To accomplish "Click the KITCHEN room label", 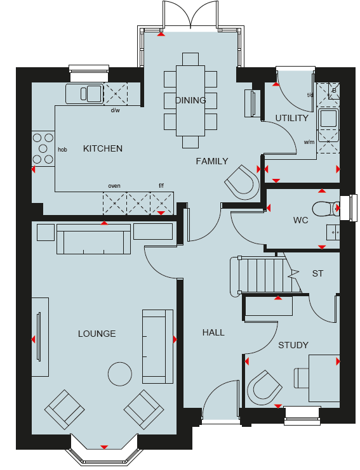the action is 103,148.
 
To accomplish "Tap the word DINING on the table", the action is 190,100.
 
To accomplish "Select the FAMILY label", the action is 212,161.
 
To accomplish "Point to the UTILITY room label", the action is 292,118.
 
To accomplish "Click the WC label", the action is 300,220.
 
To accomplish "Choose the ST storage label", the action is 317,273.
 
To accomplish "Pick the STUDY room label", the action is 293,345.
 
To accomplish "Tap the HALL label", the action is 213,332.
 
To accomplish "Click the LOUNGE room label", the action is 97,334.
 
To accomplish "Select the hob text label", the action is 62,150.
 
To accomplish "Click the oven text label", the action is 114,186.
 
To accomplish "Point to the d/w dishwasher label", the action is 115,110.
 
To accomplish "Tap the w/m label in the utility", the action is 309,142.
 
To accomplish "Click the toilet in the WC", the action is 326,209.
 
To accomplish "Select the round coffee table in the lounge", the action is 120,374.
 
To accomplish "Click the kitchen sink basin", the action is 94,93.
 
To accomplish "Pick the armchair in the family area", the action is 242,182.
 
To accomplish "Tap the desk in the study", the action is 324,377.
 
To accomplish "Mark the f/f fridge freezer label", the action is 161,186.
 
